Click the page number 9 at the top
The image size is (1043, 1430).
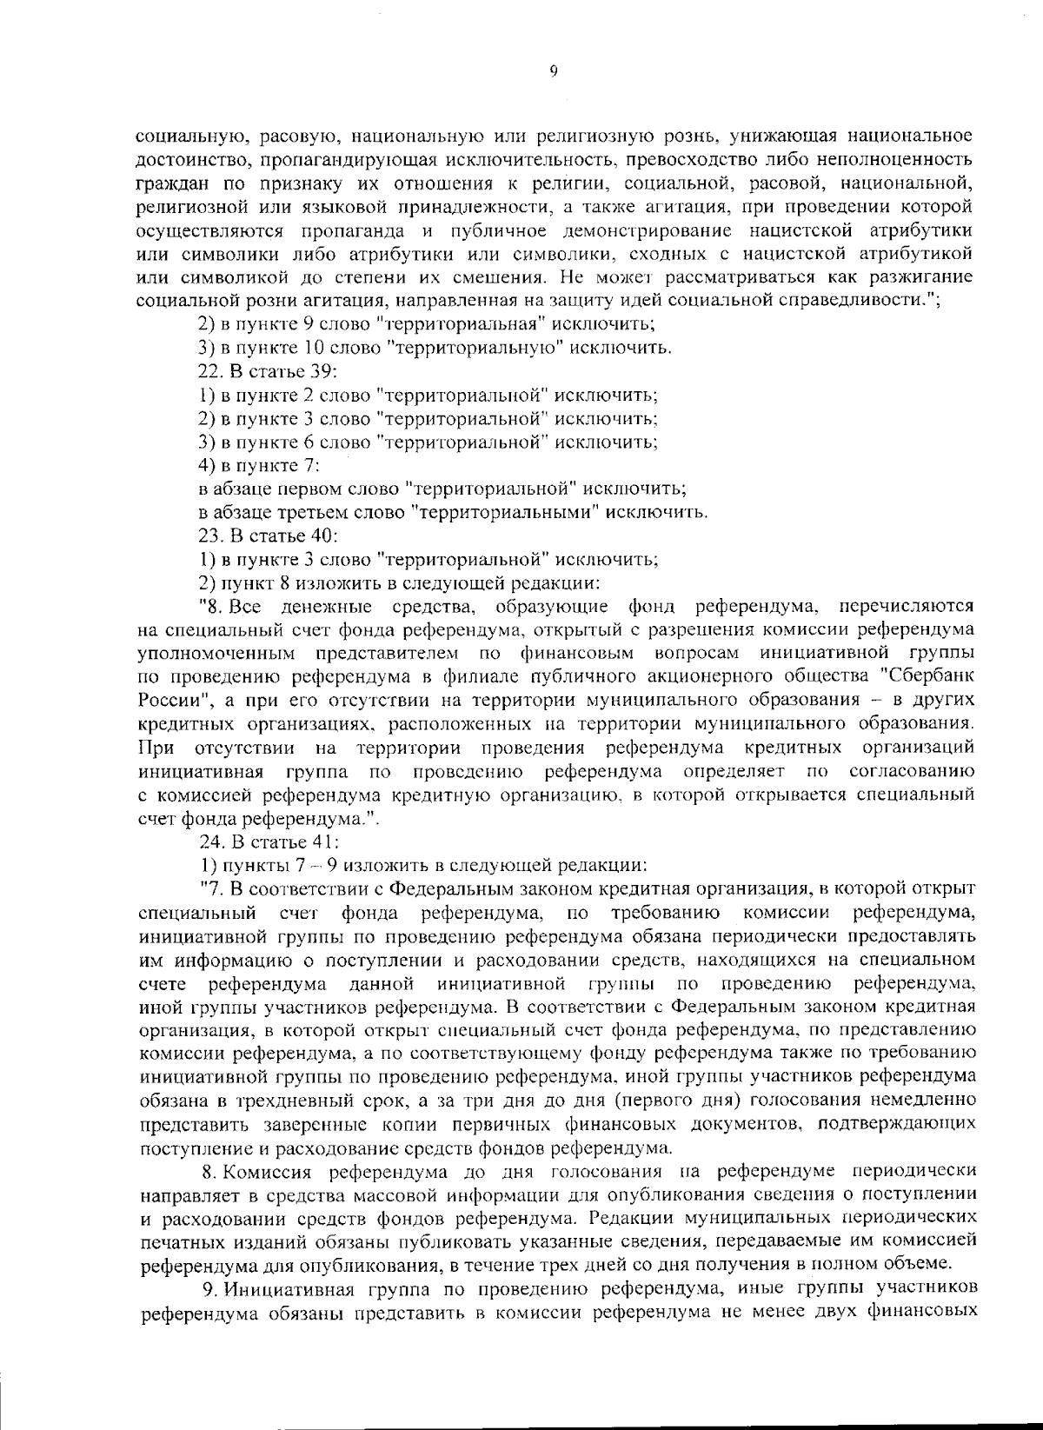(553, 72)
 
